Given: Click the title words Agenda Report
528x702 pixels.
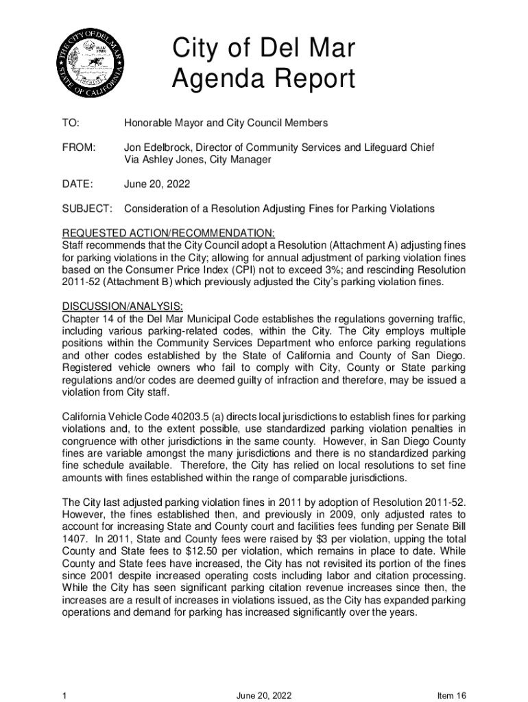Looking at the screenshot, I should click(263, 80).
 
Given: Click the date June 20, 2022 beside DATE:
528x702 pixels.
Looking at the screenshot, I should click(157, 184).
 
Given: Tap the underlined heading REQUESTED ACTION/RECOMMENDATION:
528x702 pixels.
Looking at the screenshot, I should click(169, 233).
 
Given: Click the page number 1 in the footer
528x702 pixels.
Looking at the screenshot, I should click(64, 696).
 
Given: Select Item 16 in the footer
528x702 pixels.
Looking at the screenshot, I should click(452, 696).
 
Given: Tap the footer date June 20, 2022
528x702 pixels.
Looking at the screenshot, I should click(265, 696).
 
